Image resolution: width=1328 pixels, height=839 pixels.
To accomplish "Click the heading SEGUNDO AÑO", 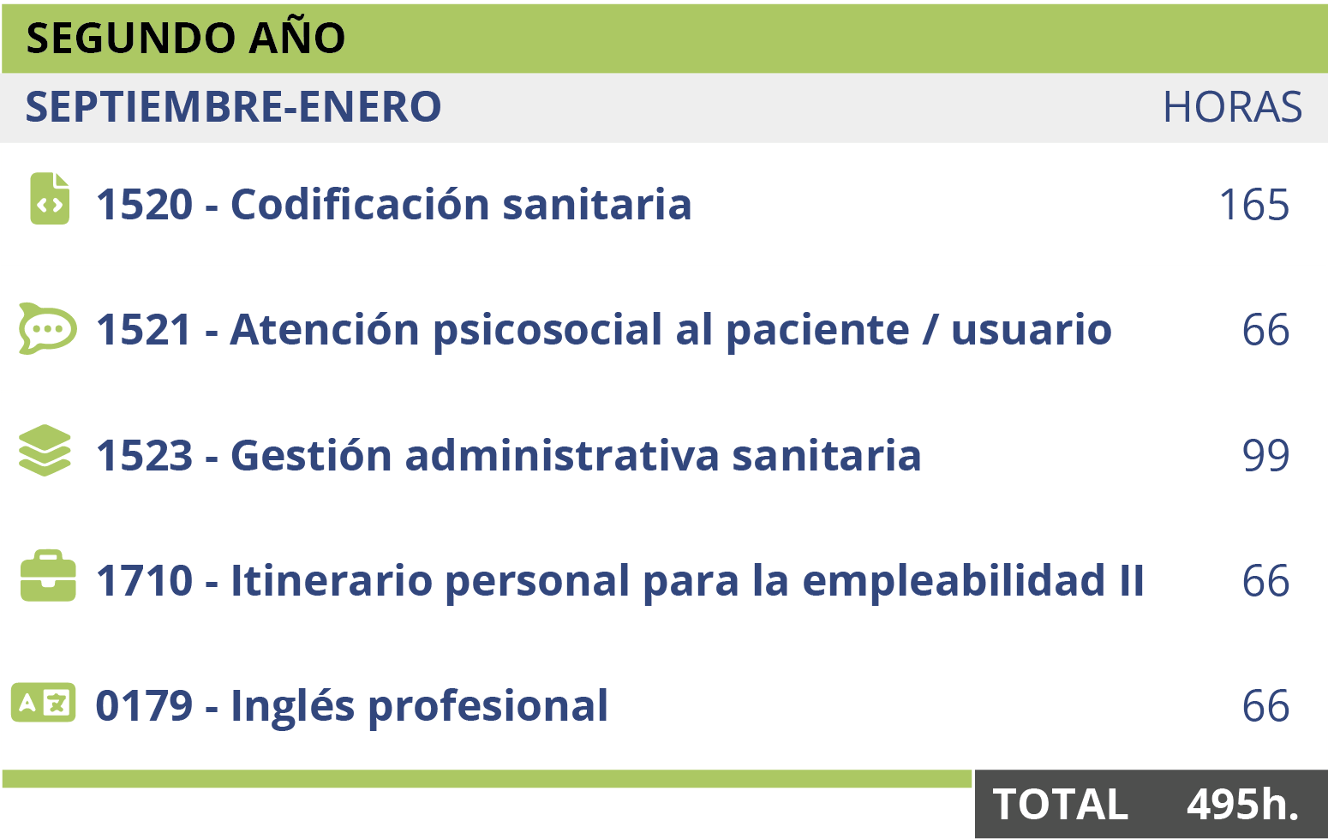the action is tap(186, 36).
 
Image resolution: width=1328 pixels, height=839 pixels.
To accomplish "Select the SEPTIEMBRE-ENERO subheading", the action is tap(234, 107).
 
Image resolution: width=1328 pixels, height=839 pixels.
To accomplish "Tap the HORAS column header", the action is tap(1233, 107).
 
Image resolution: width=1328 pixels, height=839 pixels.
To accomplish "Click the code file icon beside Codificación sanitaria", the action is tap(50, 198).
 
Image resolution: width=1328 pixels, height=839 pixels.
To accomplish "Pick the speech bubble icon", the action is tap(47, 328).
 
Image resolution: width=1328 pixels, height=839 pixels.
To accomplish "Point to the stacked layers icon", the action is tap(45, 450).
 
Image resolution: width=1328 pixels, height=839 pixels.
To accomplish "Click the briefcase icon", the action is tap(48, 575).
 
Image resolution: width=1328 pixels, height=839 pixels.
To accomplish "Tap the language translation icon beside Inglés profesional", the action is tap(44, 702).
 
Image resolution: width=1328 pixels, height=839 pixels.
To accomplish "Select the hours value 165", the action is tap(1254, 205).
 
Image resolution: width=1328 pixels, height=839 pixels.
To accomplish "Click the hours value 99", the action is tap(1265, 455).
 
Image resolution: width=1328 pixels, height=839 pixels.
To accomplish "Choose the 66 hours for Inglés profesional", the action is tap(1265, 705).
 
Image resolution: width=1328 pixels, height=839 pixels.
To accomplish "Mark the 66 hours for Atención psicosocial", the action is tap(1265, 330).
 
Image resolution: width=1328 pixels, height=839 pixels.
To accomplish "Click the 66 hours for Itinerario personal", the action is tap(1265, 580).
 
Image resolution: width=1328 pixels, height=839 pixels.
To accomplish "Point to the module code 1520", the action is tap(145, 205).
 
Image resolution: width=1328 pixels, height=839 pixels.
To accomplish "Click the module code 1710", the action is tap(145, 580).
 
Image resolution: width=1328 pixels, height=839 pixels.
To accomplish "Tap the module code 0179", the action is tap(145, 705).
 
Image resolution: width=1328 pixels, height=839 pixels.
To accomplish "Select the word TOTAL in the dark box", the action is tap(1060, 805).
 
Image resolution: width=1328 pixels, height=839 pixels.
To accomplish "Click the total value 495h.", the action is tap(1242, 805).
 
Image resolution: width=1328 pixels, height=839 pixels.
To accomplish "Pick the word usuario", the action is tap(1032, 330).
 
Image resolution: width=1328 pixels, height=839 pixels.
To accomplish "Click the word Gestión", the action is tap(311, 455).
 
